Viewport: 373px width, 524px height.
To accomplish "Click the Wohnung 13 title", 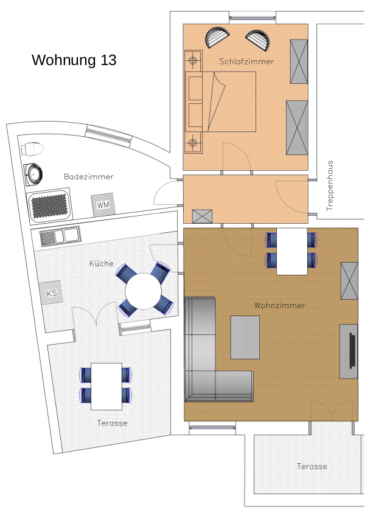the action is (x=74, y=60).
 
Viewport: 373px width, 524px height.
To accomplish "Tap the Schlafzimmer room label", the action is (x=246, y=61).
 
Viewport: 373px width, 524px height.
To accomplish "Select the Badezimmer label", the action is (x=89, y=176).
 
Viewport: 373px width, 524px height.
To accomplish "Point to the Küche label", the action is (x=102, y=263).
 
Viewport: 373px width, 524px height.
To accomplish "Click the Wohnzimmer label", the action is (x=280, y=305).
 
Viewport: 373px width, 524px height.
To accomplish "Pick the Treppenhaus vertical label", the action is (x=330, y=186).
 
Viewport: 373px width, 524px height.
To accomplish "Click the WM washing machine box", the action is (x=103, y=204).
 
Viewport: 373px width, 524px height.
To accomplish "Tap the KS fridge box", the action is (x=52, y=293).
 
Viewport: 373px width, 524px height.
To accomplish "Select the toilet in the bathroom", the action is (x=32, y=149).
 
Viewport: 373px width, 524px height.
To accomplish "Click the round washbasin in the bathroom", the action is (x=33, y=174).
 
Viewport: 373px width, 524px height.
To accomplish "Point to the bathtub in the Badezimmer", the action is (x=49, y=204).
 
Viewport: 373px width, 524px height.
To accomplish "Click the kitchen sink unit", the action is (x=60, y=236).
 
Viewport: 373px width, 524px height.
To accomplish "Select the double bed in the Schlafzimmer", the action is (x=221, y=102).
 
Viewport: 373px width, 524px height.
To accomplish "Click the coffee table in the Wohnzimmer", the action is (x=245, y=337).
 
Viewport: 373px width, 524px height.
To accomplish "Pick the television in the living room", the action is (x=352, y=350).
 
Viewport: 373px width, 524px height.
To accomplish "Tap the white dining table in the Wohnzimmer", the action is (x=291, y=252).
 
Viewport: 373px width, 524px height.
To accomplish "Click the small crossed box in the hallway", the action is (x=202, y=216).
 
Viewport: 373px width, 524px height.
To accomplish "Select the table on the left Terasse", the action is (x=106, y=387).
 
